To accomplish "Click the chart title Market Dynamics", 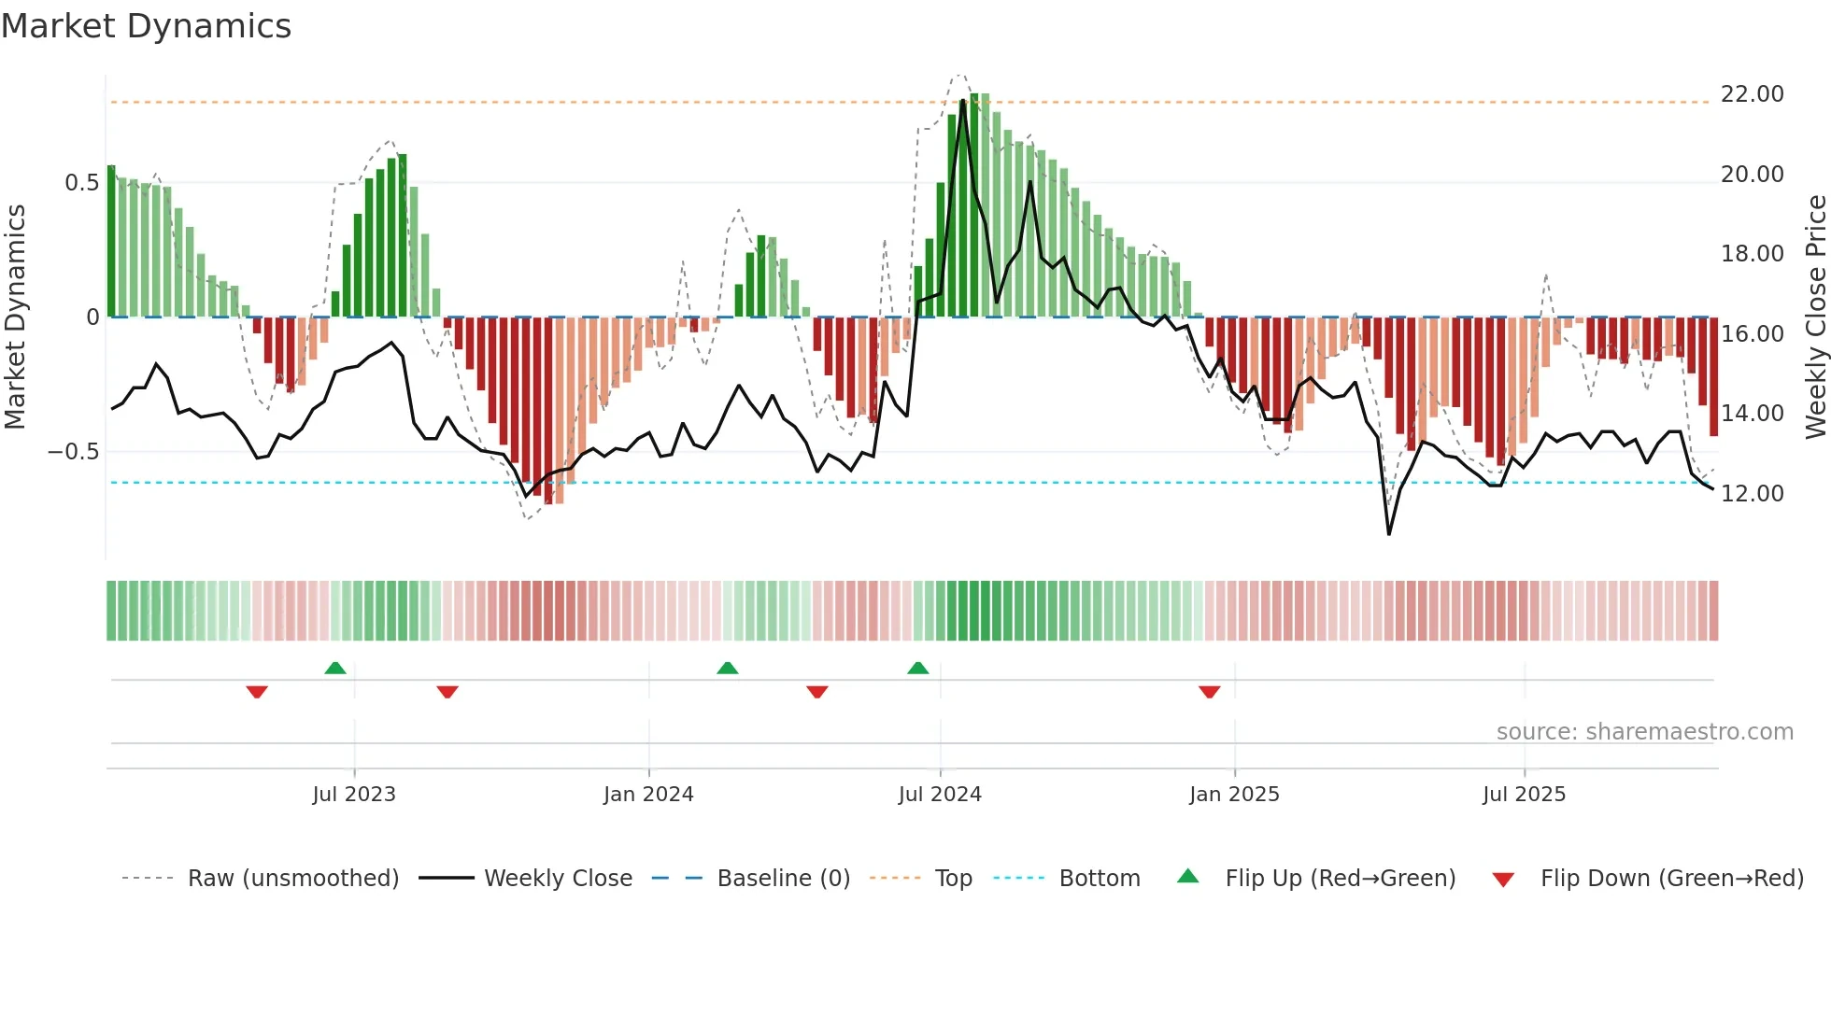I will (146, 26).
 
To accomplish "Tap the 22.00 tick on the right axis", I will (1752, 94).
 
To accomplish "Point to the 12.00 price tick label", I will (1752, 493).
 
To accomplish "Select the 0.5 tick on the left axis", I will (82, 183).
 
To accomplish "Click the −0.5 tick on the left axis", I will (74, 452).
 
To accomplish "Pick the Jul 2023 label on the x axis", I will (354, 795).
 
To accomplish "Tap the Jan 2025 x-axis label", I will (1234, 795).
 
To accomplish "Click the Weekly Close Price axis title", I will (1815, 317).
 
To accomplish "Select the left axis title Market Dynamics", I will (15, 317).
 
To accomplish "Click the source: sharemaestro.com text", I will (1644, 732).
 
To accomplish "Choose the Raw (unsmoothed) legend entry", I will (293, 879).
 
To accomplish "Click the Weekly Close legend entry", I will (558, 879).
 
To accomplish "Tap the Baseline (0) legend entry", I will (783, 879).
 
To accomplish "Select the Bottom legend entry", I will (1100, 879).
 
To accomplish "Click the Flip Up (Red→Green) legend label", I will (1340, 879).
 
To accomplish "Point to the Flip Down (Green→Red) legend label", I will (1671, 879).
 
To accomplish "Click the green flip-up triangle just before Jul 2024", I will (918, 669).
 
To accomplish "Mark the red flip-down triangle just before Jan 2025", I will (1210, 692).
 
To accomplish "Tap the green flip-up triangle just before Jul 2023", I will (335, 669).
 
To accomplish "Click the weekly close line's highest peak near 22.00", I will (963, 101).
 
